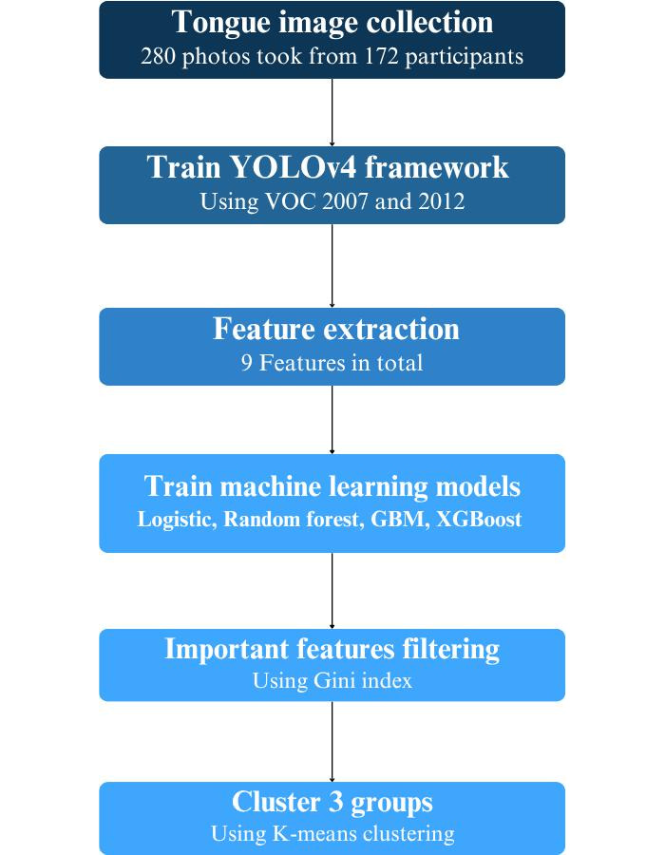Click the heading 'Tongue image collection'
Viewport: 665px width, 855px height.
click(x=332, y=23)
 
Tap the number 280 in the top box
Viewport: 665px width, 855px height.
click(x=159, y=56)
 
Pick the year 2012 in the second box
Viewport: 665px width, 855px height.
click(x=439, y=202)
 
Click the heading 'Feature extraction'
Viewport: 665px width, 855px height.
click(x=335, y=330)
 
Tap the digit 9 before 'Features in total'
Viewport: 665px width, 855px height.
click(x=250, y=363)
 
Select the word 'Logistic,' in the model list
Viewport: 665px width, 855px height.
click(x=177, y=520)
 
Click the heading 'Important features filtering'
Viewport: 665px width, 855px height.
click(x=332, y=649)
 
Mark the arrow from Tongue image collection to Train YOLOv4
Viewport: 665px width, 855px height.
click(x=332, y=111)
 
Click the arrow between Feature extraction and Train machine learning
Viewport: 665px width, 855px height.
click(x=332, y=419)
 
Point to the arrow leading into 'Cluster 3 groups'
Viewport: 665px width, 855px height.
click(x=332, y=741)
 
